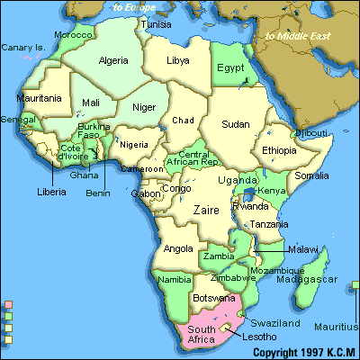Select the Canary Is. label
pos(22,47)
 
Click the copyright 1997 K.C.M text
pos(304,352)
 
